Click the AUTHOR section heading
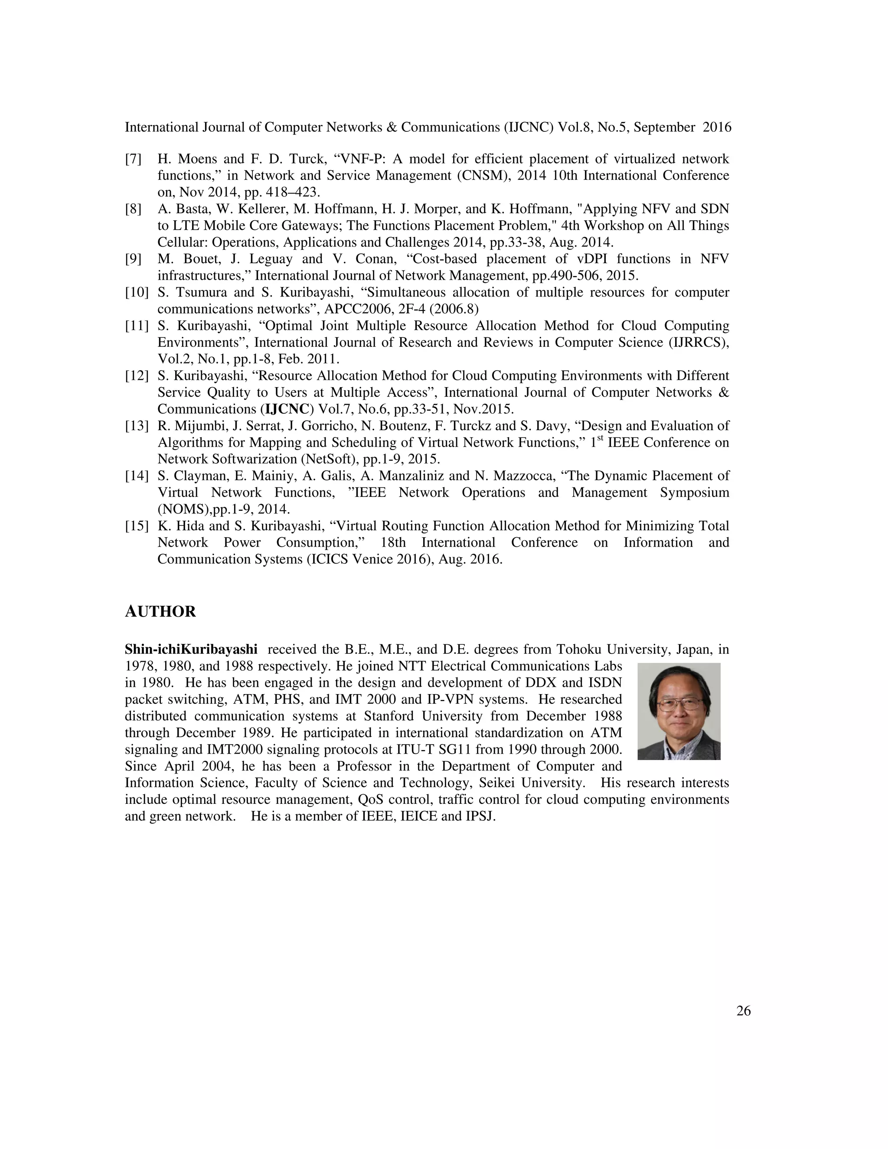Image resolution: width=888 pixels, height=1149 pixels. (x=160, y=612)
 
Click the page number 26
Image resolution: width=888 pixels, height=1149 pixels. (x=743, y=1011)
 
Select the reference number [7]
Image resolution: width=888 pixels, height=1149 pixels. (x=133, y=159)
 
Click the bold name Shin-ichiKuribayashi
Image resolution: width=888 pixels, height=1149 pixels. (x=191, y=649)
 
